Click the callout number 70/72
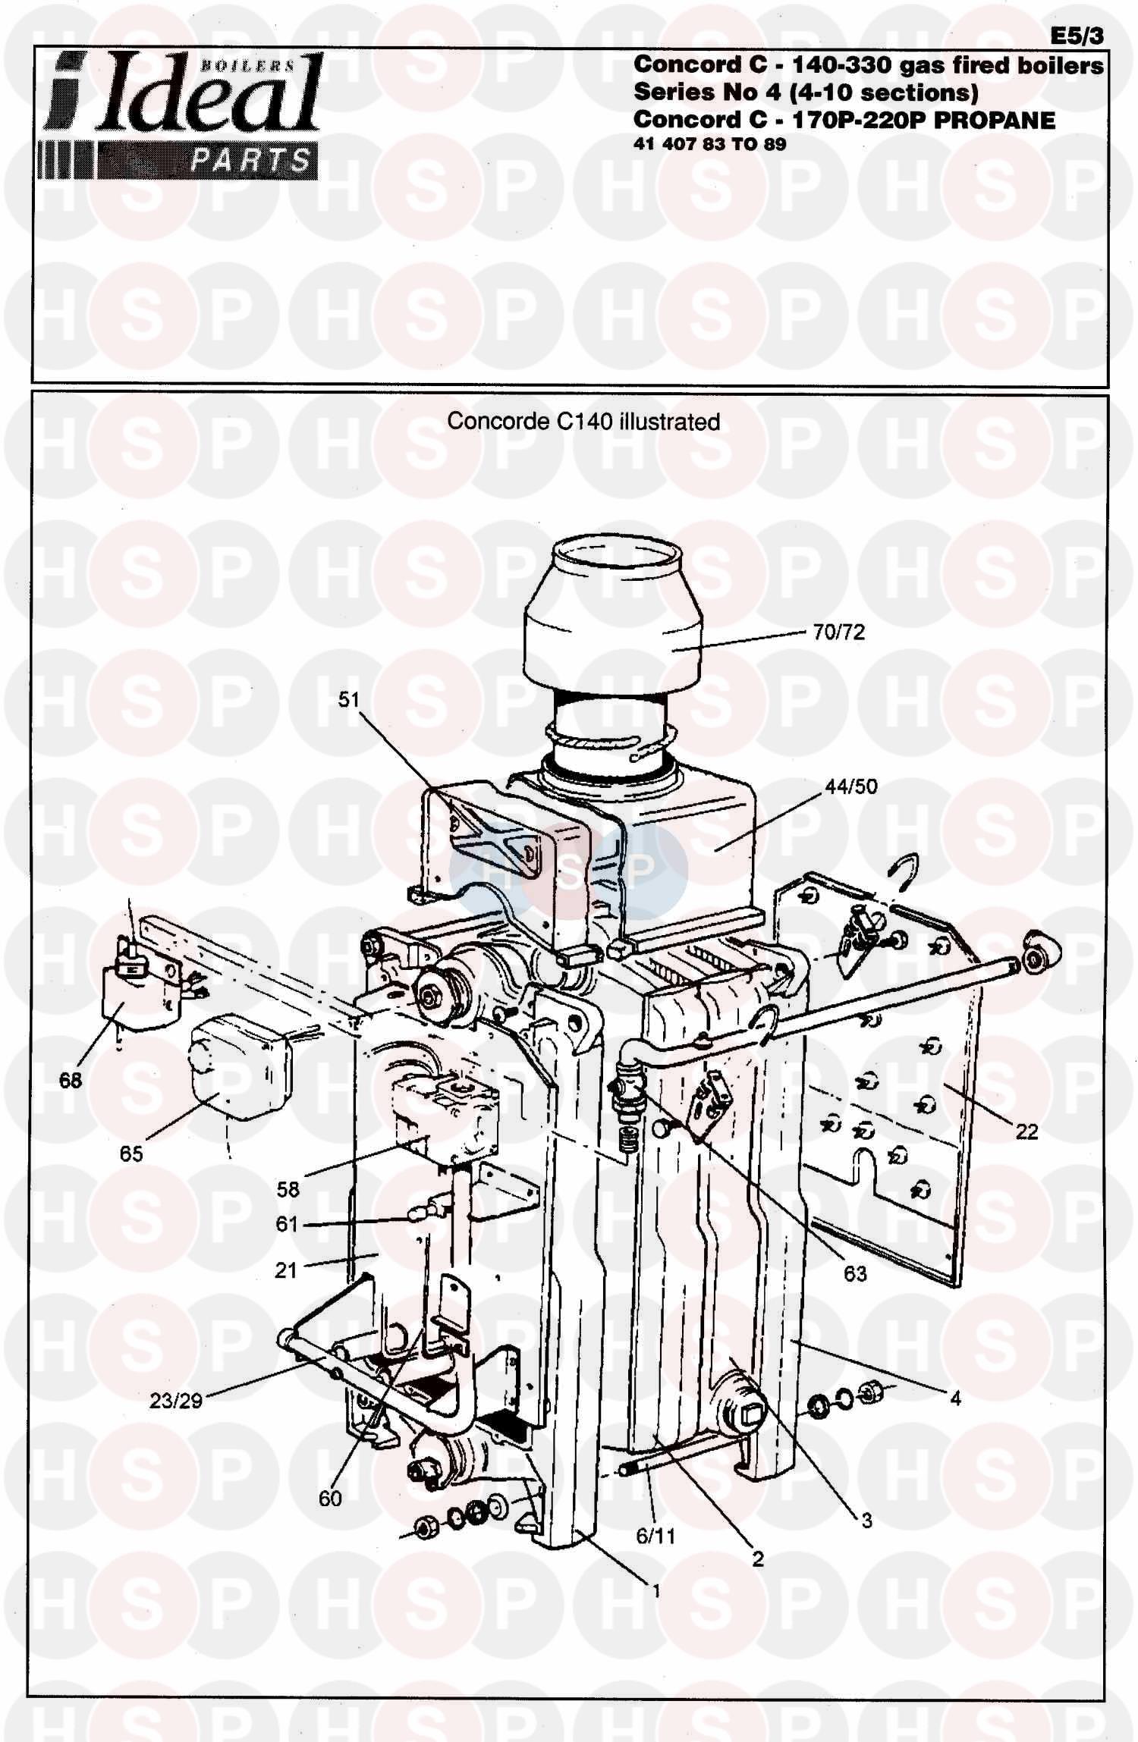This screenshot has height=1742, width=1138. click(838, 632)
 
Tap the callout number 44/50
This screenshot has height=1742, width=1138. click(850, 786)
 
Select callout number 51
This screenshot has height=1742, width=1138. click(348, 699)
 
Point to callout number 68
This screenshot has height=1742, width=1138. click(71, 1080)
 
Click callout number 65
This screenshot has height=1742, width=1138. click(131, 1153)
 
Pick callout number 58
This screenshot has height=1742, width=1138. click(288, 1189)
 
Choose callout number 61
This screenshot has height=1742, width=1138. click(286, 1225)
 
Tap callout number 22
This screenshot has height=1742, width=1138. click(1026, 1132)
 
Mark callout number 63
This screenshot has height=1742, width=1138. click(855, 1274)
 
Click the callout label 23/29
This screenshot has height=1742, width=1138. click(176, 1401)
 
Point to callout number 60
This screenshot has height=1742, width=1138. click(330, 1499)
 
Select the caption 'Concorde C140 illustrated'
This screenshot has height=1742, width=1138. click(583, 421)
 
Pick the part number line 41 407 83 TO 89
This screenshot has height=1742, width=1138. click(709, 144)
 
